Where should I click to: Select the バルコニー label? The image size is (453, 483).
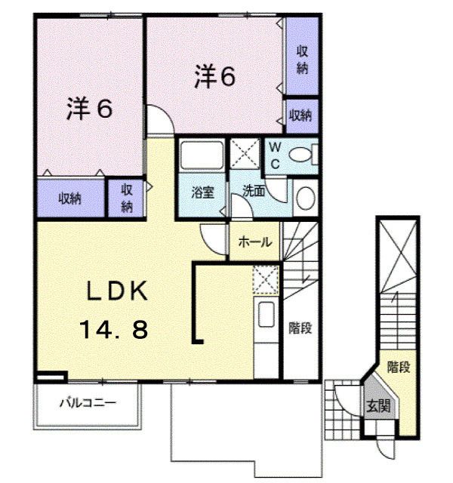click(x=88, y=403)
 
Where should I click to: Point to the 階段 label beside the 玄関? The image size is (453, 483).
click(x=399, y=368)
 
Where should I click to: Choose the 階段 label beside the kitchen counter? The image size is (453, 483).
click(x=300, y=328)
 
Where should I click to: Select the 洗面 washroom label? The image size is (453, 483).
click(x=254, y=192)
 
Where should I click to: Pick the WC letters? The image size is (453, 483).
click(x=275, y=155)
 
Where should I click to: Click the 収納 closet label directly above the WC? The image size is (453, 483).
click(x=301, y=115)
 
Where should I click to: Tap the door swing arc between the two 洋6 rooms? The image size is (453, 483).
click(x=159, y=121)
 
